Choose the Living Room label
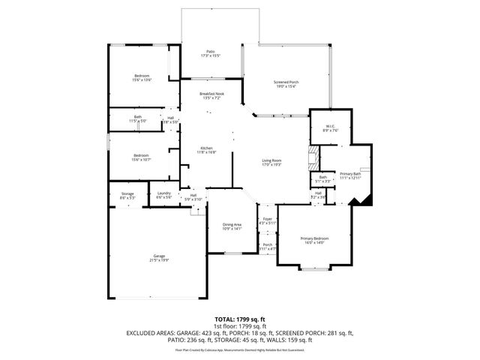(271, 162)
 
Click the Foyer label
(267, 221)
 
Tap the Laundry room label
(164, 195)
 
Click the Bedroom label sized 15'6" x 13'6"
(142, 77)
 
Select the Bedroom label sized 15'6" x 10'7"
(142, 157)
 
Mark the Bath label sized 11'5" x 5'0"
(138, 118)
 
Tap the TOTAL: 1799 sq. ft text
(239, 319)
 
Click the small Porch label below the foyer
(267, 246)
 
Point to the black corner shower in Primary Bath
(364, 198)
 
